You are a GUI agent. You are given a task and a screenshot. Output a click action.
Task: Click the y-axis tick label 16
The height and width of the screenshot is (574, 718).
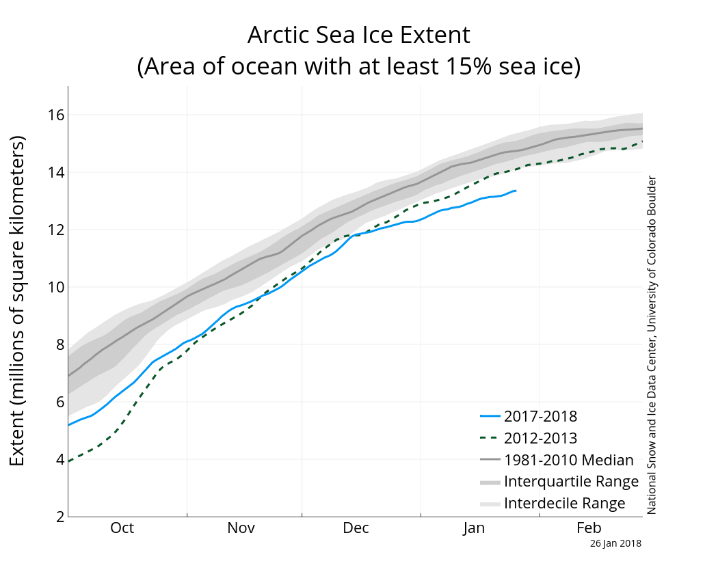(55, 115)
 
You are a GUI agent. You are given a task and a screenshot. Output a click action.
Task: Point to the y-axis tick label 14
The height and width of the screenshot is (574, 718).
(55, 172)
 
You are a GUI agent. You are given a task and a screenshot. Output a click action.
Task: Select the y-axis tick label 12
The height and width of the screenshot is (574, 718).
(55, 230)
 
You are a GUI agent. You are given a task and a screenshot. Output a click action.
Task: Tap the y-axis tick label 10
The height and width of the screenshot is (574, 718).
(55, 287)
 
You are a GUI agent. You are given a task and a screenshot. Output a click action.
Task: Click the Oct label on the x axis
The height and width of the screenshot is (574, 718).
(122, 528)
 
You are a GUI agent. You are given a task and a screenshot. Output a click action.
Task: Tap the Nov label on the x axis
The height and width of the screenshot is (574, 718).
(241, 528)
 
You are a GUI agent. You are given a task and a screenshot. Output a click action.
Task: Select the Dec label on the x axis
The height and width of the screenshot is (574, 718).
(356, 528)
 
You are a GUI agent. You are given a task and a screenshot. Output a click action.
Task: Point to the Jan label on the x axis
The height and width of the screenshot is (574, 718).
(474, 528)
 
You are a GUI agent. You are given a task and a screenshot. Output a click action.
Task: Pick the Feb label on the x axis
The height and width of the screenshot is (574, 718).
(589, 528)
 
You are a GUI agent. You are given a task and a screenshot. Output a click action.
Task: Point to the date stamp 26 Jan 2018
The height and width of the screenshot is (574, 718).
(615, 544)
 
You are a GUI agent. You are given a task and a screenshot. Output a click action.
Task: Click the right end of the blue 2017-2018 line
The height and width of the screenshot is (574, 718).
(516, 191)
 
